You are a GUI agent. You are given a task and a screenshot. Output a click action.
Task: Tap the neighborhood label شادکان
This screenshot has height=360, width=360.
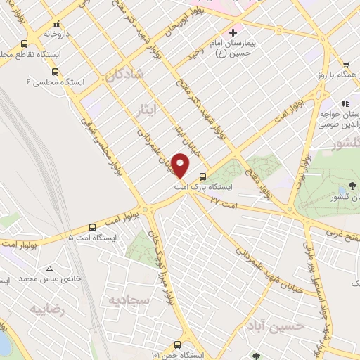126,75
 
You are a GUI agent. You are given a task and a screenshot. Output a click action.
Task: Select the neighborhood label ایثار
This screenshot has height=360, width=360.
146,107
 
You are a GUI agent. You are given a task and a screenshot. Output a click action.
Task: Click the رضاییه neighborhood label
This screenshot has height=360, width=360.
46,310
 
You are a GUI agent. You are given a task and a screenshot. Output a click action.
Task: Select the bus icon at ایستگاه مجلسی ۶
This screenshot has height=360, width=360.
56,72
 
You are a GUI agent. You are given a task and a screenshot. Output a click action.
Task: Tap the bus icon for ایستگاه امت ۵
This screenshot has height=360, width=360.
93,227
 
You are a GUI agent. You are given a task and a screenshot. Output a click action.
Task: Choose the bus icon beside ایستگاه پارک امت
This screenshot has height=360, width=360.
202,176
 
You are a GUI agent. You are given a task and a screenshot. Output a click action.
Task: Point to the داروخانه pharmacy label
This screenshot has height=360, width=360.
58,33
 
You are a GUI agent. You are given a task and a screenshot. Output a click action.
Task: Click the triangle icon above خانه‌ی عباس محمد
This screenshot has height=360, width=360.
49,269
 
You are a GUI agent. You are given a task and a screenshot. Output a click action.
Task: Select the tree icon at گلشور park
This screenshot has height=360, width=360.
352,186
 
